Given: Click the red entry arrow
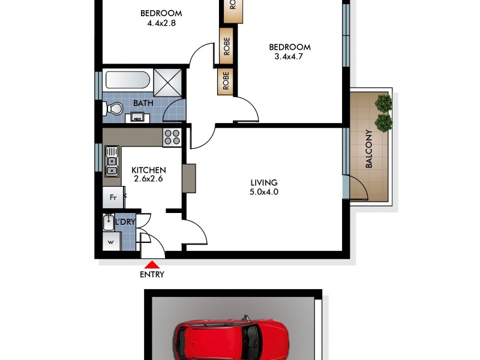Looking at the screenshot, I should tap(152, 263).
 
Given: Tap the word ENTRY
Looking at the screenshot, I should tap(152, 275).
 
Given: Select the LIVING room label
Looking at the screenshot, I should tap(264, 182).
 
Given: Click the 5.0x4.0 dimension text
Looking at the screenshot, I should tap(264, 192).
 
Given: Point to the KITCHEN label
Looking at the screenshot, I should tap(149, 170).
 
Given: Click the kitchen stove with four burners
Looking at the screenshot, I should tap(172, 137).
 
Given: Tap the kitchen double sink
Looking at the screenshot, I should tap(112, 163).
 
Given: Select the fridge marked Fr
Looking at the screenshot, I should tap(112, 197).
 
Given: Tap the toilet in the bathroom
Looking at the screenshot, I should tap(112, 109).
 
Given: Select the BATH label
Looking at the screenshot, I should tap(143, 103).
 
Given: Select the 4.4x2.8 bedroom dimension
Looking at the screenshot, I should tap(161, 24).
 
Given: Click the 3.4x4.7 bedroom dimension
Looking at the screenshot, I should tap(289, 58).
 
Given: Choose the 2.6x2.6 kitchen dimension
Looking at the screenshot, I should tap(148, 179).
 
